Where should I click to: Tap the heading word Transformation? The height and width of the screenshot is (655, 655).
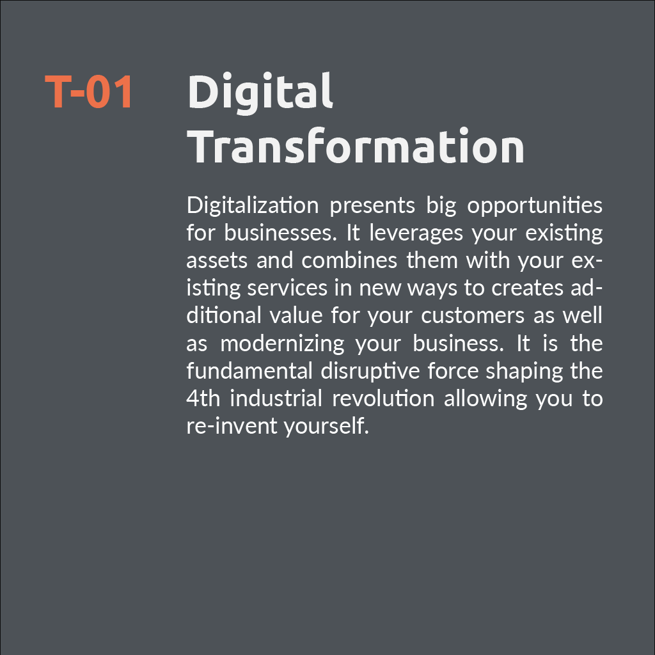(356, 146)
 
